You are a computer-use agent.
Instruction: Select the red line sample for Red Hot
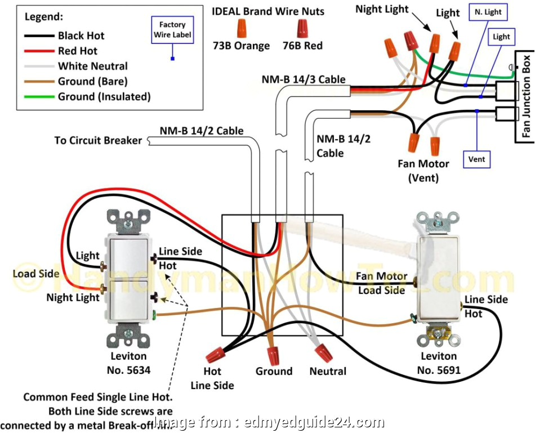39,51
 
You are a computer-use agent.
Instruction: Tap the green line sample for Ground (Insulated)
39,97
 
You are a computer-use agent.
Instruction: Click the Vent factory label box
476,159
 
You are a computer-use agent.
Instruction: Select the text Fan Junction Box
527,96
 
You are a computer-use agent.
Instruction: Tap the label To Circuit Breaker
98,140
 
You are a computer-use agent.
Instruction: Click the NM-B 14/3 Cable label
304,79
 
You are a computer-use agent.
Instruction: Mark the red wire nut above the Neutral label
323,352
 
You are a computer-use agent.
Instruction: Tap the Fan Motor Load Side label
382,283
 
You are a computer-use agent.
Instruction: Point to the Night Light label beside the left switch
73,297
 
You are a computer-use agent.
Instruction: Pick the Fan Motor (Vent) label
423,171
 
